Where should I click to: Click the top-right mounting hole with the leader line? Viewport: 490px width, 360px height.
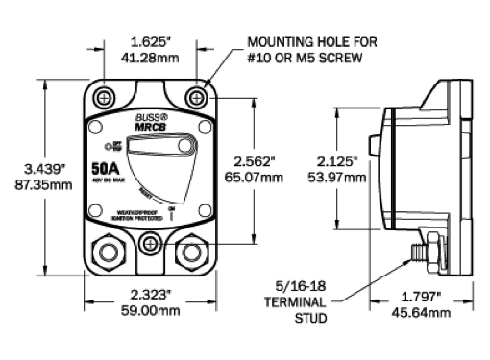(x=197, y=98)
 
